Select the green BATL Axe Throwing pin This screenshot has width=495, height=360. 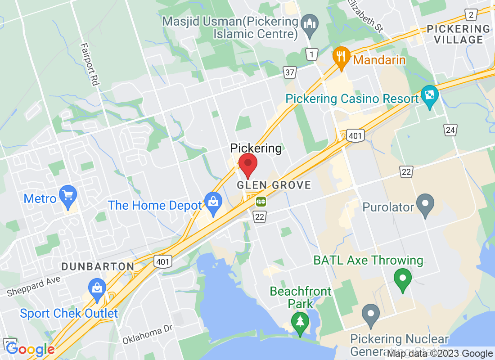coord(402,279)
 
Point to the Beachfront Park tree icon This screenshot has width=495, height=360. coord(299,323)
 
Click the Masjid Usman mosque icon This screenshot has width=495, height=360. coord(310,23)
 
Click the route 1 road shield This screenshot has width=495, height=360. coord(311,55)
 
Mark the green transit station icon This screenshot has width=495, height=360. coord(261,201)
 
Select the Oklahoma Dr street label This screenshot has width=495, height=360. coord(147,334)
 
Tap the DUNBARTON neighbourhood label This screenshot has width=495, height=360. coord(98,266)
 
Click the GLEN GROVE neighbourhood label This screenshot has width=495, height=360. coord(274,185)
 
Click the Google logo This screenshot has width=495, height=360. coord(30,349)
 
